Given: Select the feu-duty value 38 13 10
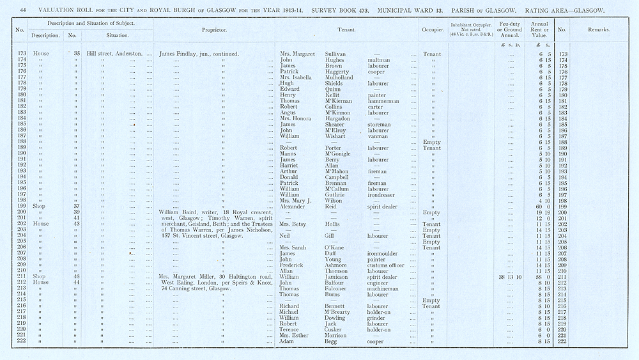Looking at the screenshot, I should tap(510, 277).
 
